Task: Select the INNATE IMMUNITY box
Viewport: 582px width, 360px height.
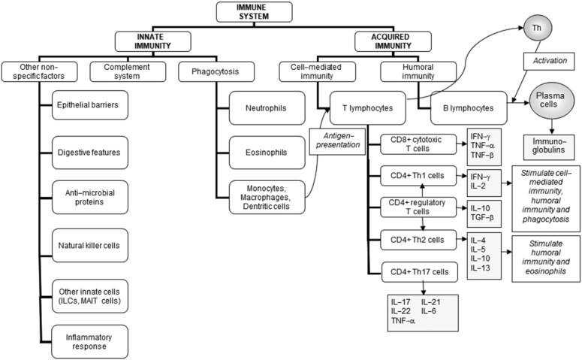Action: (149, 41)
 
